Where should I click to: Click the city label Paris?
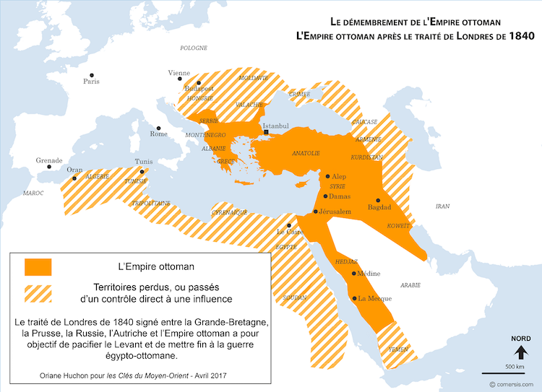coord(91,82)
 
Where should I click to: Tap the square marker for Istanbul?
coord(267,133)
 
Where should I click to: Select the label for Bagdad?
coord(379,207)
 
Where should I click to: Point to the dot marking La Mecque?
coord(354,298)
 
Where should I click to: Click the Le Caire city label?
coord(291,232)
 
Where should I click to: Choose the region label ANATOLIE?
coord(305,153)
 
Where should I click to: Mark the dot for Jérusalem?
coord(315,212)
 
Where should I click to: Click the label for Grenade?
coord(50,160)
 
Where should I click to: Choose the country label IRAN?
coord(442,206)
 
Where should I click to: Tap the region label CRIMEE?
coord(299,94)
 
